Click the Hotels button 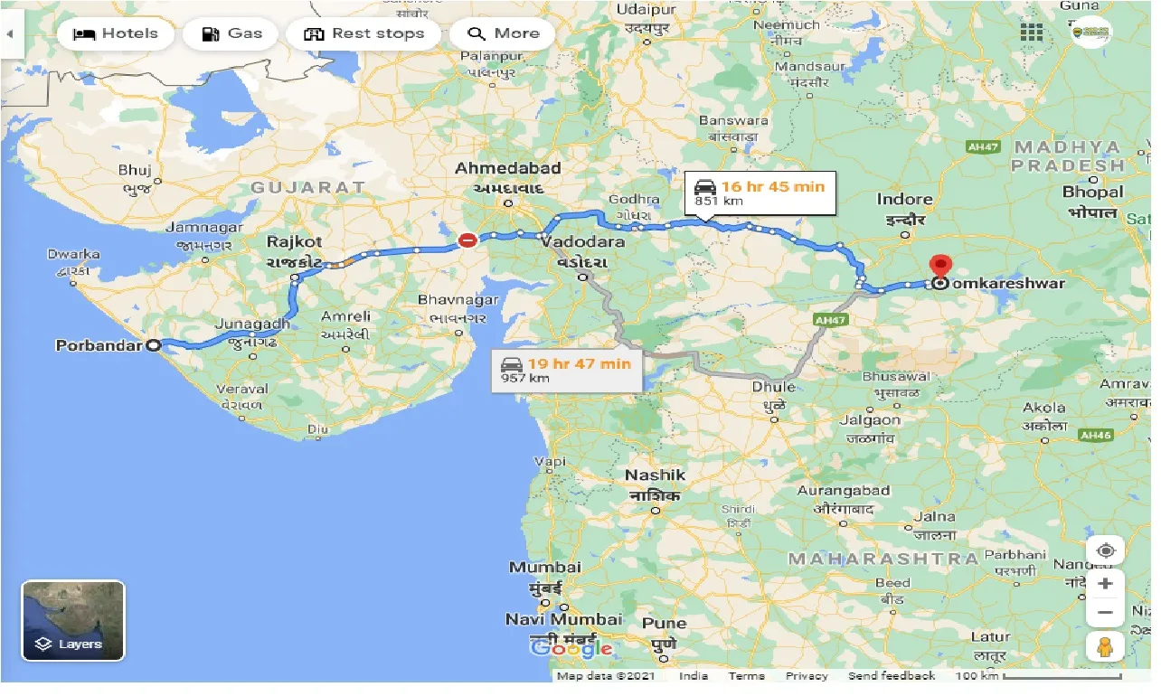pos(115,34)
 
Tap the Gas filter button pos(231,34)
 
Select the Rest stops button pos(363,34)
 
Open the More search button pos(503,34)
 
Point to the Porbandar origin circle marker pos(153,345)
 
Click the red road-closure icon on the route pos(467,240)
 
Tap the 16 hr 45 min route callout pos(760,192)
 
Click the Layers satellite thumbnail pos(73,620)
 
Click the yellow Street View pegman pos(1105,647)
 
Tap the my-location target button pos(1105,550)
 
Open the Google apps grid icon pos(1032,33)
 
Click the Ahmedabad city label pos(507,168)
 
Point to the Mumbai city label pos(544,568)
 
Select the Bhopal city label pos(1093,192)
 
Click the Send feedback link pos(892,676)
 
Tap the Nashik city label pos(656,475)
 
